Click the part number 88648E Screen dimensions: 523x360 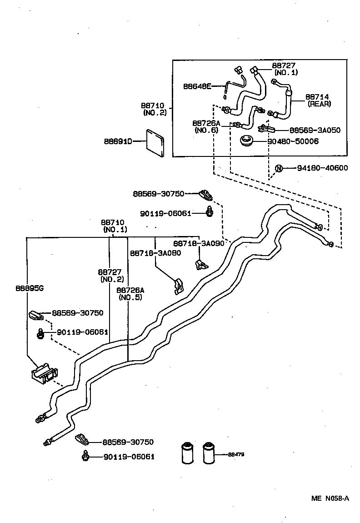197,86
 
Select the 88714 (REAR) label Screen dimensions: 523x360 318,100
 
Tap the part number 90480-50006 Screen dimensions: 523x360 293,141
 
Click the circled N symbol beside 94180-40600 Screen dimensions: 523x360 279,168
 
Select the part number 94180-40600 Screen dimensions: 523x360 322,168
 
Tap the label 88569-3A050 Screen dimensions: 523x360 315,130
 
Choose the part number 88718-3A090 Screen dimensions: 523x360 198,243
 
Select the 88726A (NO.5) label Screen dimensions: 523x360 130,294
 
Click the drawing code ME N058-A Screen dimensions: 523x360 330,498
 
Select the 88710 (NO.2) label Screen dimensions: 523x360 153,109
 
